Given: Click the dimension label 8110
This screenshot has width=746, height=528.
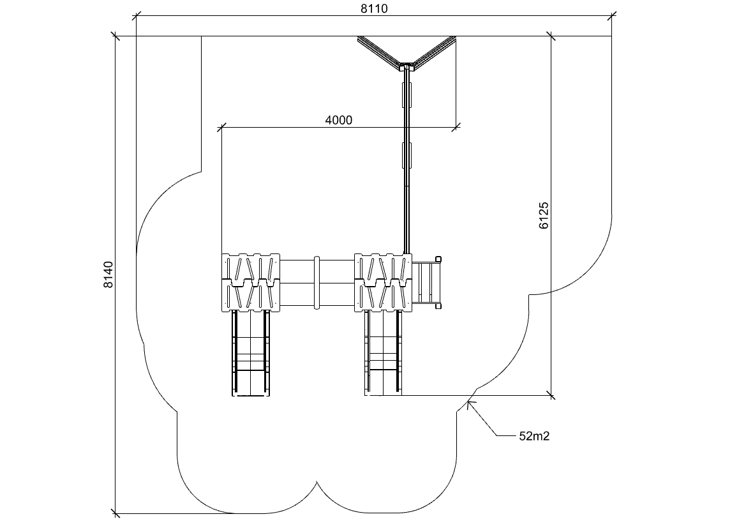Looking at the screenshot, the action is point(374,8).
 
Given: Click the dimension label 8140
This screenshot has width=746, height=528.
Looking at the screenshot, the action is point(108,275).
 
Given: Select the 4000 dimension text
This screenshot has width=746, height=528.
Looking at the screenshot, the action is point(339,120).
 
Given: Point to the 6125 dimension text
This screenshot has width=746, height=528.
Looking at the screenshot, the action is point(544,216).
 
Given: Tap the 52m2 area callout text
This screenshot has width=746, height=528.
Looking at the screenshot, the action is point(534,436).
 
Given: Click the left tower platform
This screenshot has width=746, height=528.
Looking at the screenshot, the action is point(251,283).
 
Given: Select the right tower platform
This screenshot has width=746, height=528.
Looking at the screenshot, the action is point(383,283).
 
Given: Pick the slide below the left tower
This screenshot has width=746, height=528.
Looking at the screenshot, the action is point(251,354).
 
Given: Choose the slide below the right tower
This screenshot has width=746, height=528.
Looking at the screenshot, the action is point(383,354).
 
